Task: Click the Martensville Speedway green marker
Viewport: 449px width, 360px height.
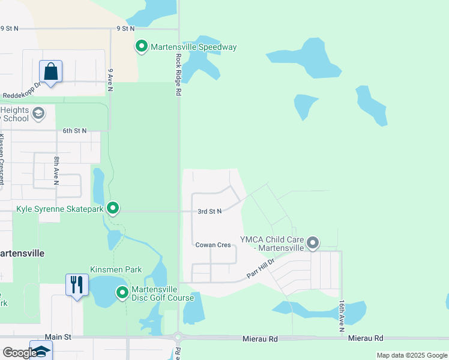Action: click(142, 46)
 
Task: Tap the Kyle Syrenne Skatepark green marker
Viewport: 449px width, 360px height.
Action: click(113, 208)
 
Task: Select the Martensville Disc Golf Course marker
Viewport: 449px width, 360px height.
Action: click(122, 293)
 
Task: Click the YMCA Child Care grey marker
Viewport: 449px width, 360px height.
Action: click(312, 243)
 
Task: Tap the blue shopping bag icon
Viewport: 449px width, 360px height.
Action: click(51, 71)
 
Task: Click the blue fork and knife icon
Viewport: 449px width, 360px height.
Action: click(77, 284)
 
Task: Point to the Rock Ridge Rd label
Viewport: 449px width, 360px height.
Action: click(178, 75)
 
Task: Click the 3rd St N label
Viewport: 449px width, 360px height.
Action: click(210, 211)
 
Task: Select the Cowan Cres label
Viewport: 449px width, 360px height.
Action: click(213, 245)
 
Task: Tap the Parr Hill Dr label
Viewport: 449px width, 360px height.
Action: click(261, 269)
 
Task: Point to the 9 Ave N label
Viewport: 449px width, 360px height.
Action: click(110, 80)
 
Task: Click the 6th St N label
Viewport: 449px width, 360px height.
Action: click(75, 130)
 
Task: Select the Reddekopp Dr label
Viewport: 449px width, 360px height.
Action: click(21, 95)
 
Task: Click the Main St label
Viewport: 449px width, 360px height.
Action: click(58, 338)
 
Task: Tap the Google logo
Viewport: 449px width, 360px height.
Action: click(19, 353)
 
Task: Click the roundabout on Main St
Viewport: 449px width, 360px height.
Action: click(178, 338)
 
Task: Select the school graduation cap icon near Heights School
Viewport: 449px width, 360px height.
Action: click(38, 113)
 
